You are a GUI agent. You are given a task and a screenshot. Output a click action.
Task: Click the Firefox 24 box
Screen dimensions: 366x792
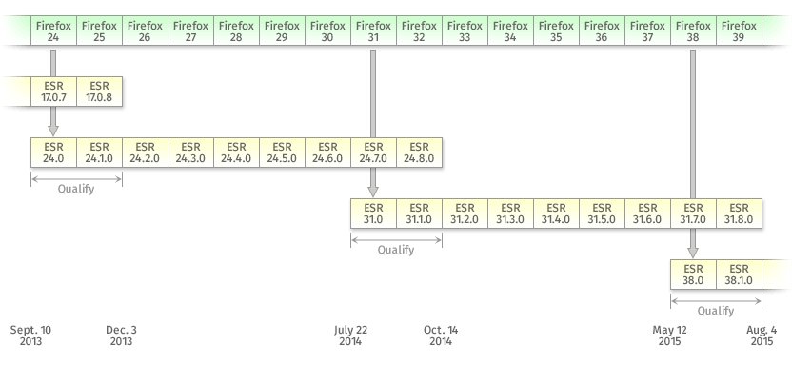[53, 30]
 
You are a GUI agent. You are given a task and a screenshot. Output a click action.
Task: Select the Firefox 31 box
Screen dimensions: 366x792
[373, 30]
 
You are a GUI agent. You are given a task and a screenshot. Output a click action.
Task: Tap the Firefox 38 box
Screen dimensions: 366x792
[693, 30]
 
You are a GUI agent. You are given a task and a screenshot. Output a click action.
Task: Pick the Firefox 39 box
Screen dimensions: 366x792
[739, 30]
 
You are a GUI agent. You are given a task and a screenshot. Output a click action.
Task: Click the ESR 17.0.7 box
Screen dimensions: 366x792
[53, 91]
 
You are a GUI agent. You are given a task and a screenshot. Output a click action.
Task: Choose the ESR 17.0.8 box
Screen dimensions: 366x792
[99, 91]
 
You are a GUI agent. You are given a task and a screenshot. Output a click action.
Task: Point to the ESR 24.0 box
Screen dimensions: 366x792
[53, 152]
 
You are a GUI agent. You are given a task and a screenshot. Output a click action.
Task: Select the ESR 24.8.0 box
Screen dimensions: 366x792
[419, 152]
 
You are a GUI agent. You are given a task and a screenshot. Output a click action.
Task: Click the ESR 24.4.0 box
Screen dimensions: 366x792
[236, 152]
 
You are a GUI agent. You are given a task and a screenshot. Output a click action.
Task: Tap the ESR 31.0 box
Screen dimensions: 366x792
[373, 213]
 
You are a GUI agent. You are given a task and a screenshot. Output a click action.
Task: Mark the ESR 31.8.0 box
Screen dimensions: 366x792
[739, 213]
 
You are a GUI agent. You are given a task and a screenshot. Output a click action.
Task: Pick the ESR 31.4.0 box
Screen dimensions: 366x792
[556, 213]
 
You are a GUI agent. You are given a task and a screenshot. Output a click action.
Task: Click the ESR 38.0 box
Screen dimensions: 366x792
[693, 274]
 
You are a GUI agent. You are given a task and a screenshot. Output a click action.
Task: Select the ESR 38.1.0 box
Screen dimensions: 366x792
[739, 274]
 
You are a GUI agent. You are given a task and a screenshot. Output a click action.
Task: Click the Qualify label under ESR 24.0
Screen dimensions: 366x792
[76, 189]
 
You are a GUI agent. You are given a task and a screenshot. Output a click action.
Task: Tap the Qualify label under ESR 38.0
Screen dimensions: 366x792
[716, 310]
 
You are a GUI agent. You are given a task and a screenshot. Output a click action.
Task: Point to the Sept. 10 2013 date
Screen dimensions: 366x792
[30, 335]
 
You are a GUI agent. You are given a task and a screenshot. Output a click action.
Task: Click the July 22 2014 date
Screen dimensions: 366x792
[351, 335]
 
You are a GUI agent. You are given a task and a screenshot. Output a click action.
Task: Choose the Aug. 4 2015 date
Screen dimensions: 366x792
[762, 335]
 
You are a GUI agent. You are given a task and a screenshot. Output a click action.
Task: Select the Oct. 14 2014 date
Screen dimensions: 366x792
[441, 335]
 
